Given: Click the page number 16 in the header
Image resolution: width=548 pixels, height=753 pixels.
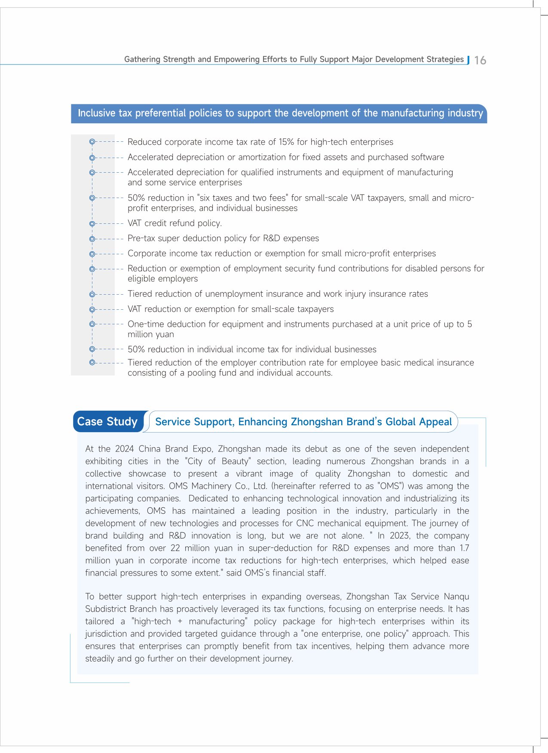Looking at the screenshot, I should [x=480, y=60].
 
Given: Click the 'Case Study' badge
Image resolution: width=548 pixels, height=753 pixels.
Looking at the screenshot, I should [x=107, y=421].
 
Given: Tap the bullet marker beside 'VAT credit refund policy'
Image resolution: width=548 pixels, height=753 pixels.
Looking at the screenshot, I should [x=92, y=223].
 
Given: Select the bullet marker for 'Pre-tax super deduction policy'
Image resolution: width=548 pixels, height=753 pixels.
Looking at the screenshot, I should [x=92, y=238].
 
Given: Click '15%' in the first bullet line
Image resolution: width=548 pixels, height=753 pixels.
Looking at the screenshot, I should [x=287, y=142].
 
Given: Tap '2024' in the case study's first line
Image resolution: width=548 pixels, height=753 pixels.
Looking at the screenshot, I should [x=124, y=449].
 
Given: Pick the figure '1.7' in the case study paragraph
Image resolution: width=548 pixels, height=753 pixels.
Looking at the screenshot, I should [x=464, y=548].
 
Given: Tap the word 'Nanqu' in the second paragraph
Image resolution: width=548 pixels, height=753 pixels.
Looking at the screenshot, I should [x=456, y=597].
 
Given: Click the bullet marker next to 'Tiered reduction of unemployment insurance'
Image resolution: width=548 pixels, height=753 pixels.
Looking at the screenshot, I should [x=92, y=294].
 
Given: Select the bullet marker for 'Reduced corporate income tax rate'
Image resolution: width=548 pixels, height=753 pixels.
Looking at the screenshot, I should [x=92, y=141].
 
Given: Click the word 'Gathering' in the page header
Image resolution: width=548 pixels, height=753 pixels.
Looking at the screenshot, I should [x=142, y=59].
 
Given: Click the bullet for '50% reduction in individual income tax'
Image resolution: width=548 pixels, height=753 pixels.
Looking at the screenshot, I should [x=92, y=349].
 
